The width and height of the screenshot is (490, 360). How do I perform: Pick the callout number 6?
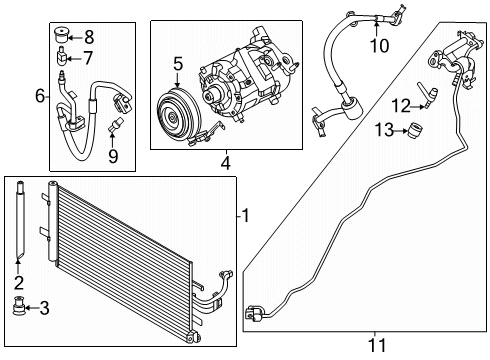pyautogui.click(x=40, y=96)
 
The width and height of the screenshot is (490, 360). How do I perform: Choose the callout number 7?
pyautogui.click(x=87, y=56)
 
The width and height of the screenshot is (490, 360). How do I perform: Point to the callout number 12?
pyautogui.click(x=400, y=105)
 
